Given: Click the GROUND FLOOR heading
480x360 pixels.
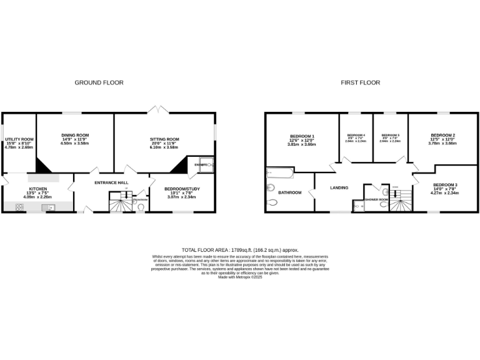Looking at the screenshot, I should pyautogui.click(x=99, y=82).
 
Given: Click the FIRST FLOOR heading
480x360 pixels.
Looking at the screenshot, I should pyautogui.click(x=360, y=82).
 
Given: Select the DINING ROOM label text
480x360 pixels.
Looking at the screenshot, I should pyautogui.click(x=75, y=135).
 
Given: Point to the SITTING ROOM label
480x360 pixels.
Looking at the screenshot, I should pyautogui.click(x=164, y=139).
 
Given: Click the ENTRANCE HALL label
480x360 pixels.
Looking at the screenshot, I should pyautogui.click(x=111, y=182).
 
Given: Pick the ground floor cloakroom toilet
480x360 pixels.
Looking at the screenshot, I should pyautogui.click(x=141, y=207).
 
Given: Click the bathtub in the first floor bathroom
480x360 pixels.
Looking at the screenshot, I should pyautogui.click(x=277, y=172).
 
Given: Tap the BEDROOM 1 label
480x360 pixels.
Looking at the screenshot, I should pyautogui.click(x=302, y=136).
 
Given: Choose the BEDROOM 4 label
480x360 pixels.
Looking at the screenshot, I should pyautogui.click(x=356, y=136).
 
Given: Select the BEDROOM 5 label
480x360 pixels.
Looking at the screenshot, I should pyautogui.click(x=390, y=136).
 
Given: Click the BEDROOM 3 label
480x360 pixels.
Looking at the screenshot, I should pyautogui.click(x=445, y=184).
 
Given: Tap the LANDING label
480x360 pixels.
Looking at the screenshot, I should pyautogui.click(x=339, y=187).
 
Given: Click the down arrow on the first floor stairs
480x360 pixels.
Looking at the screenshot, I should pyautogui.click(x=395, y=192).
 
